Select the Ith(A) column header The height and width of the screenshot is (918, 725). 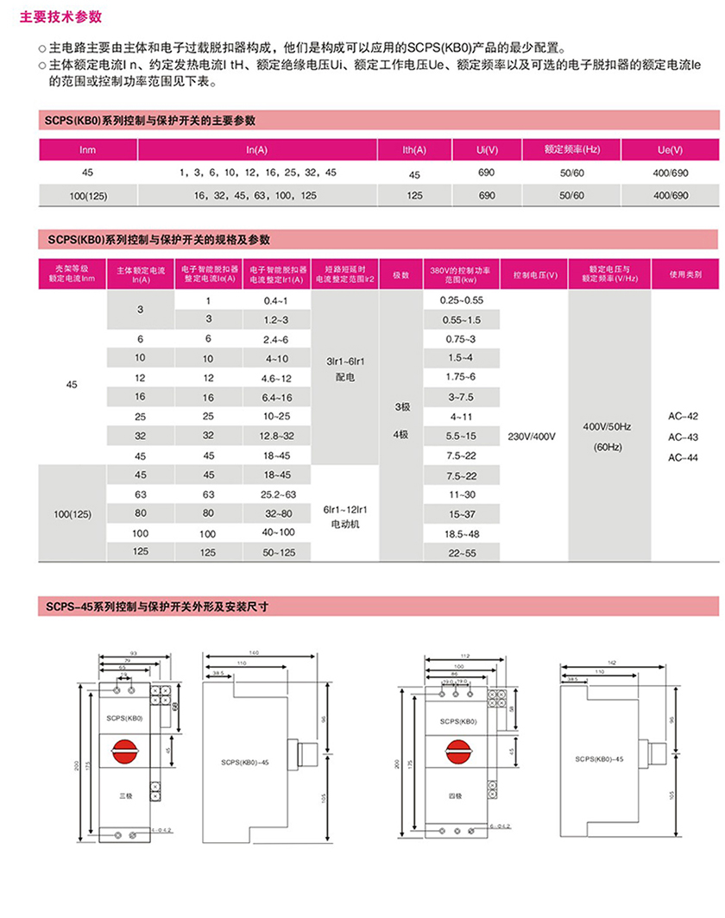click(415, 150)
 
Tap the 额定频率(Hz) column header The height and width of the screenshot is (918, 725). click(571, 150)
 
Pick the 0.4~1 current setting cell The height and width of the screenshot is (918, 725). click(276, 300)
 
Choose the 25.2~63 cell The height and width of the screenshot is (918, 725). click(276, 494)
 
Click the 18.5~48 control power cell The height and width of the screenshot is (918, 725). click(461, 535)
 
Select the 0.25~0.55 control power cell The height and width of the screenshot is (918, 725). click(461, 300)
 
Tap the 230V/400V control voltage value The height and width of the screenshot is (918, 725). click(533, 437)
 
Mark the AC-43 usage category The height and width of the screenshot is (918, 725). click(683, 437)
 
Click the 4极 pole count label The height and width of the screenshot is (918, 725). click(400, 435)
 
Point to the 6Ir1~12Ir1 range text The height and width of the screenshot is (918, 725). click(344, 509)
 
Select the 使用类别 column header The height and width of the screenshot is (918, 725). click(685, 274)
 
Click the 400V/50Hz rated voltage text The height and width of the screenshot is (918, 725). click(608, 427)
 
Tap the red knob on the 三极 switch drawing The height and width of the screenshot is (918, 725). click(126, 752)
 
